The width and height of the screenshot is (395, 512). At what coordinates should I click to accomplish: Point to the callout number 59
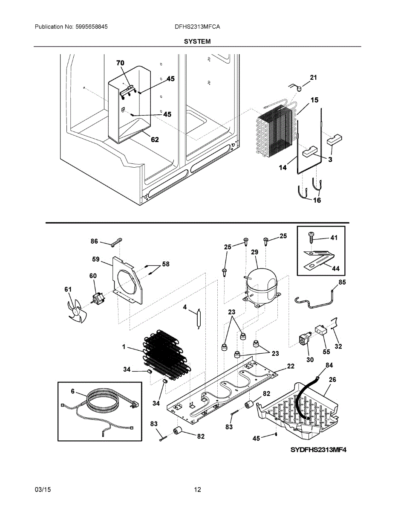click(96, 259)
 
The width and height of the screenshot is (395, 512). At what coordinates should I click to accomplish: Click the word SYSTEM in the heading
click(197, 41)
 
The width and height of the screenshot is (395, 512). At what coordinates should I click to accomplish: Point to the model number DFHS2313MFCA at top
click(197, 26)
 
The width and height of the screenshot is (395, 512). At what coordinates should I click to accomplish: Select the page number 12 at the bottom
click(197, 490)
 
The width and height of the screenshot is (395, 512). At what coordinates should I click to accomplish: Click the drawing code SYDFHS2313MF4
click(317, 450)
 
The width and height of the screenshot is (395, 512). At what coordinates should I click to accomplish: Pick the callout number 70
click(120, 63)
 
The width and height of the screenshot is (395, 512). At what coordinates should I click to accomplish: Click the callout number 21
click(314, 78)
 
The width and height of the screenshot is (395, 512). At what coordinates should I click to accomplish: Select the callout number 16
click(317, 200)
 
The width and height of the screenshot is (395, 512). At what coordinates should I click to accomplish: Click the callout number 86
click(94, 241)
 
